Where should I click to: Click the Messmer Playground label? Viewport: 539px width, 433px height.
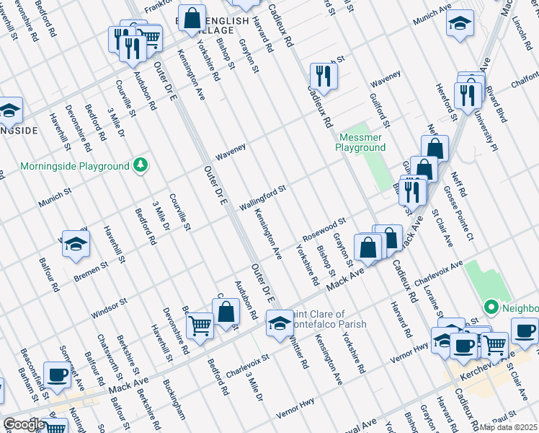coord(361,142)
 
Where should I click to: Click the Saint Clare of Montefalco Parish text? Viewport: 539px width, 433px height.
coord(328,319)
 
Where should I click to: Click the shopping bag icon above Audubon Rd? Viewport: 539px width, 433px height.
coord(226,312)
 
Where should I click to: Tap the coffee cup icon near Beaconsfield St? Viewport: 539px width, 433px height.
coord(56,375)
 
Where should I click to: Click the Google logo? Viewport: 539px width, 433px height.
coord(24,424)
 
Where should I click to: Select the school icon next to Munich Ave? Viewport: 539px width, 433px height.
coord(460,23)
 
